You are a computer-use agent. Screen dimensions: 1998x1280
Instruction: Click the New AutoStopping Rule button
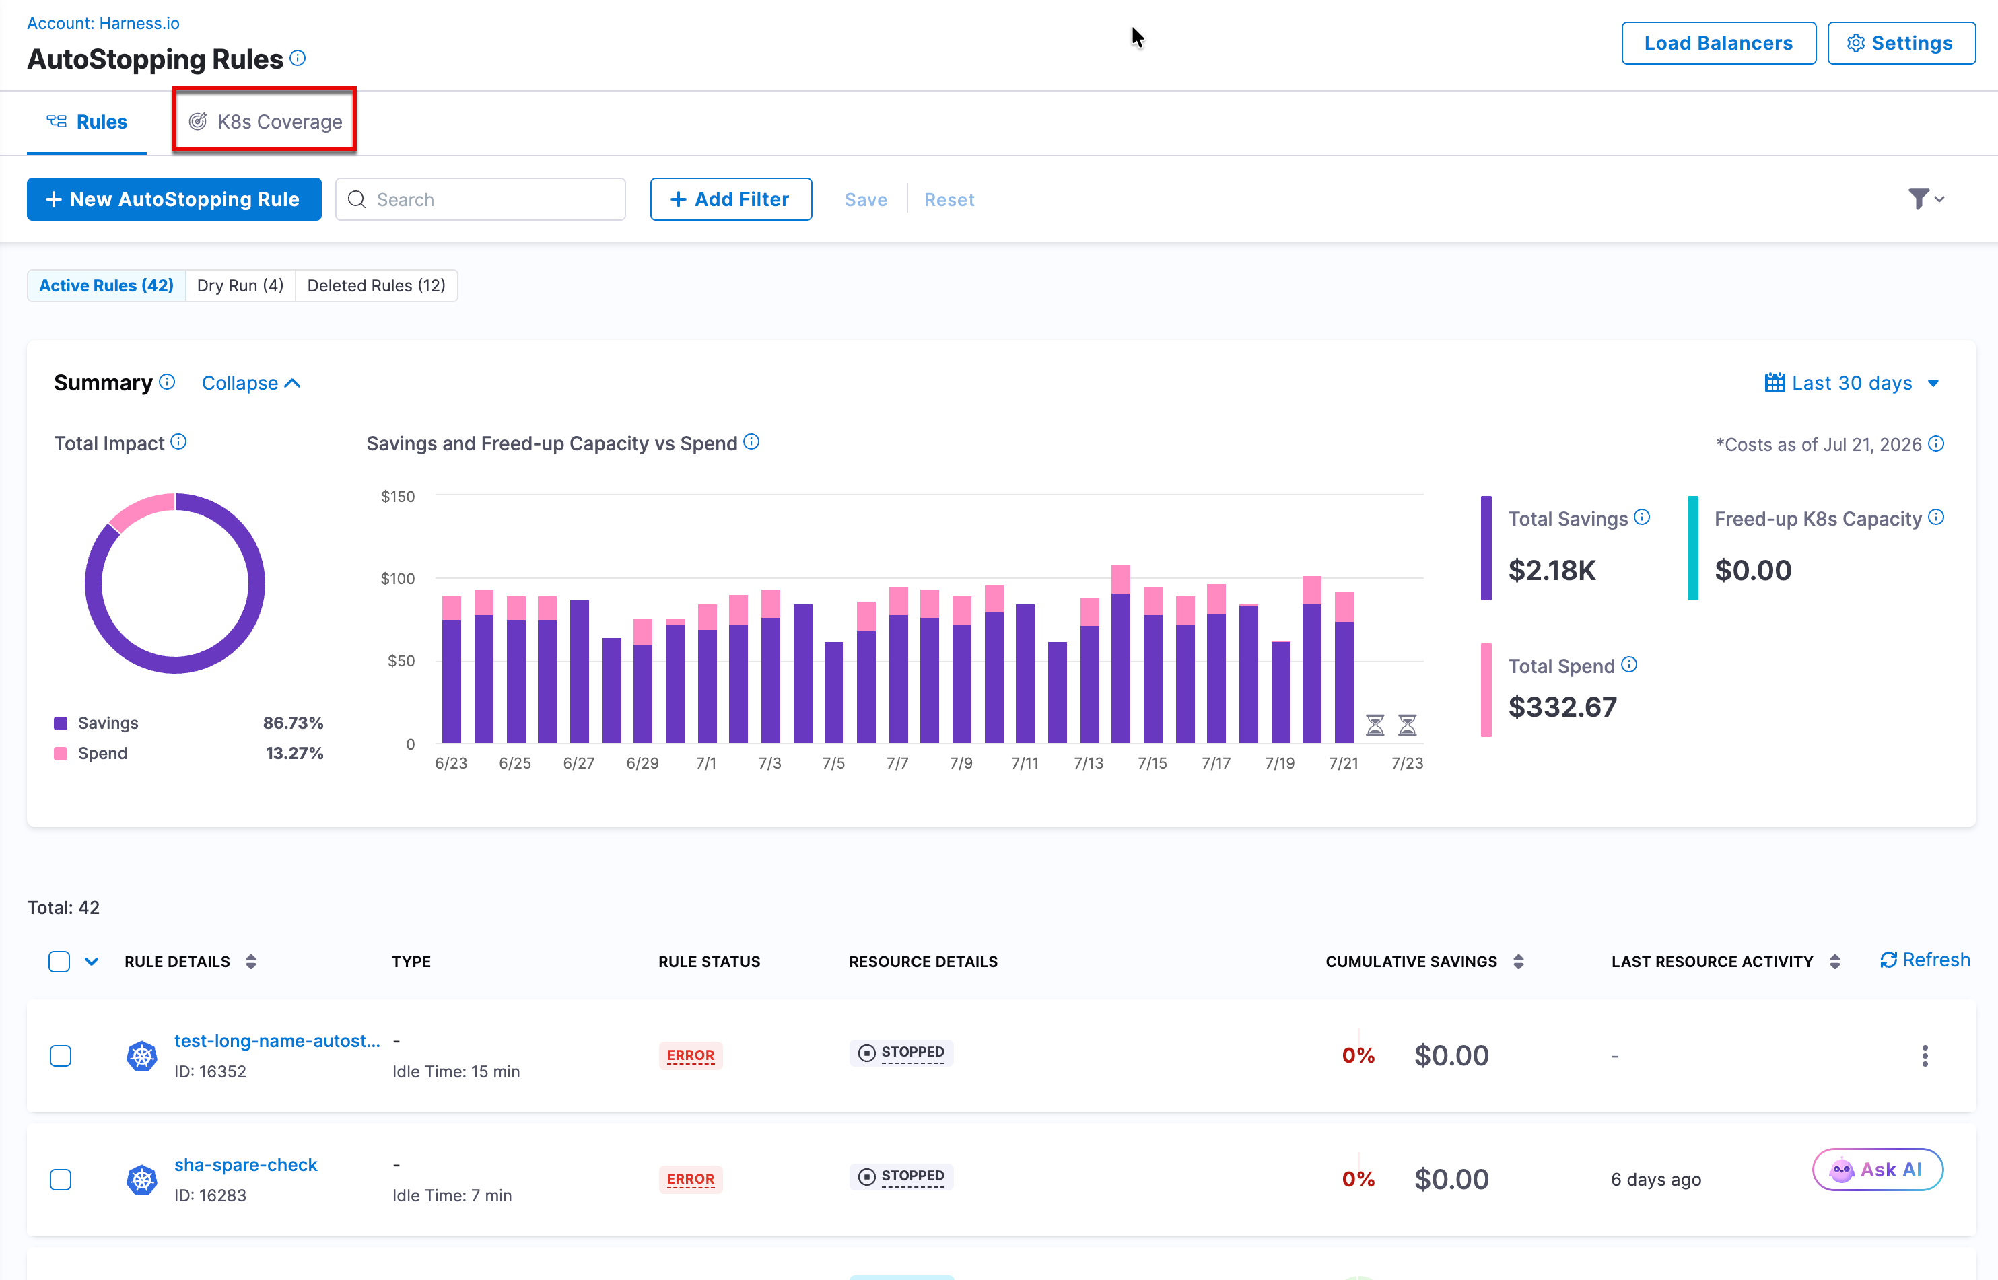174,199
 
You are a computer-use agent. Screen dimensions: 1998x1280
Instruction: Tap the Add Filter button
731,199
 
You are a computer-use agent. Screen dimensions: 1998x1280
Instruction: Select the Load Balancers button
1719,43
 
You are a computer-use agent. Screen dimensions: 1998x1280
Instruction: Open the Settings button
1902,43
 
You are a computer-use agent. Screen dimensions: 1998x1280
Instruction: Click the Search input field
481,199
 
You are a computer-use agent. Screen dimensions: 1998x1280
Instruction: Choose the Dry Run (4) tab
240,286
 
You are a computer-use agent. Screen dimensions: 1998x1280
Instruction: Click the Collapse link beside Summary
251,383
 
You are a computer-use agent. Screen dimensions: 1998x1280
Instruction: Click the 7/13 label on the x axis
1089,763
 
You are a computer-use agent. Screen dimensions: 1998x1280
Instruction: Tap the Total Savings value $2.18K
1552,570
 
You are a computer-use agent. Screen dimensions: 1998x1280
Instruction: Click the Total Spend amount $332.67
1563,707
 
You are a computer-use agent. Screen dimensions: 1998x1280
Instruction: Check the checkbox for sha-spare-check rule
61,1180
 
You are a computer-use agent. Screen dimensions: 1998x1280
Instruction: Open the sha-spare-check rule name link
246,1166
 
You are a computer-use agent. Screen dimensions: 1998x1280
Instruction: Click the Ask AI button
1878,1170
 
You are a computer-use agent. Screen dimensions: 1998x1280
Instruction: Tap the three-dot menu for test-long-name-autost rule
1925,1057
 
